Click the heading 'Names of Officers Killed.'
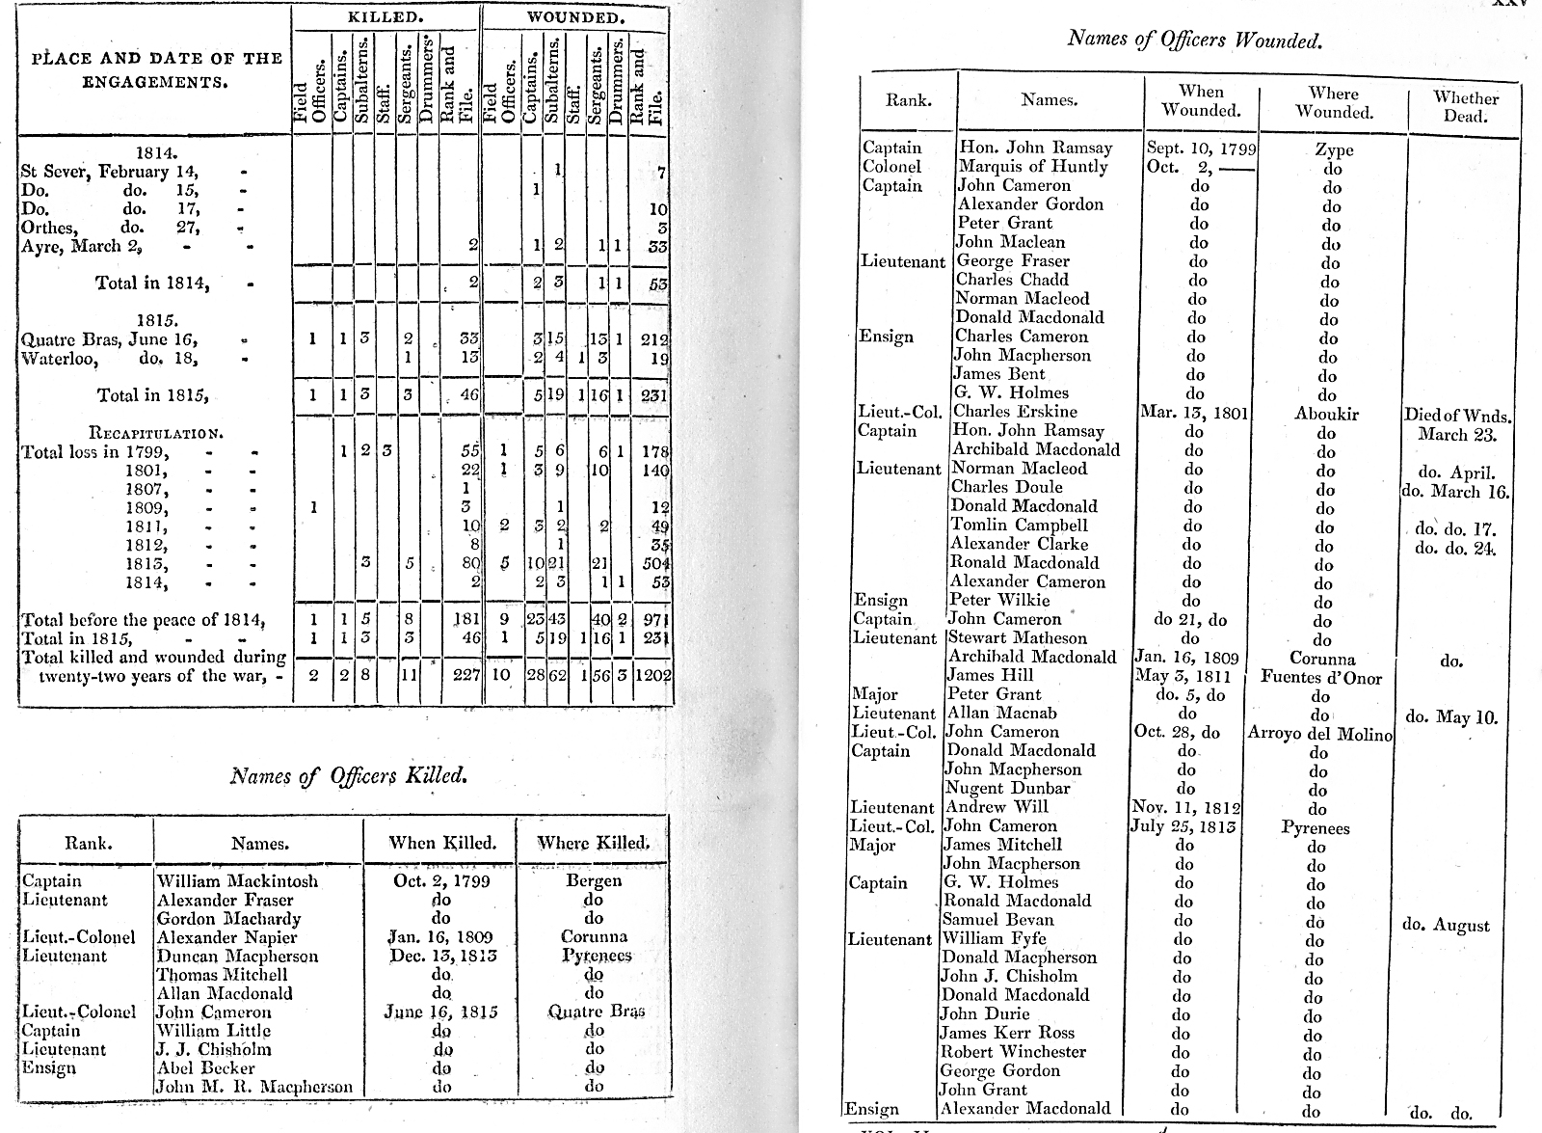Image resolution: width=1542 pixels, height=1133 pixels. (x=349, y=775)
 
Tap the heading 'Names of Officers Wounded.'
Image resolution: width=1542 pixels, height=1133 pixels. (x=1194, y=40)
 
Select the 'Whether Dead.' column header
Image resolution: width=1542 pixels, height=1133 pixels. (x=1465, y=106)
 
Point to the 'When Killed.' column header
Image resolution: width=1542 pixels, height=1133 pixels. (x=441, y=843)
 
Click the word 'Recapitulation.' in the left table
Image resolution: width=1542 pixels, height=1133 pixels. (x=156, y=433)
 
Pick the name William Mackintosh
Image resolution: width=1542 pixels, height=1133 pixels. (x=237, y=881)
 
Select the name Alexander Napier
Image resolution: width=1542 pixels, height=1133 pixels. (x=226, y=937)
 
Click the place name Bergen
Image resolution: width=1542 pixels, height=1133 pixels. (x=594, y=881)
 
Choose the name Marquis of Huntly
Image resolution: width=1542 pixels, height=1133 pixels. (x=1032, y=167)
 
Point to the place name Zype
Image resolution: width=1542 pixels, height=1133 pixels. (x=1334, y=149)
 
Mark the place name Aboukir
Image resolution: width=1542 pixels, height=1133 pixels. (x=1327, y=414)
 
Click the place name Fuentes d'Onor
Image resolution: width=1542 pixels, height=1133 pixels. (x=1320, y=678)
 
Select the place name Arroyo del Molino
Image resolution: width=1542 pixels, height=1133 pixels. (x=1319, y=734)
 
